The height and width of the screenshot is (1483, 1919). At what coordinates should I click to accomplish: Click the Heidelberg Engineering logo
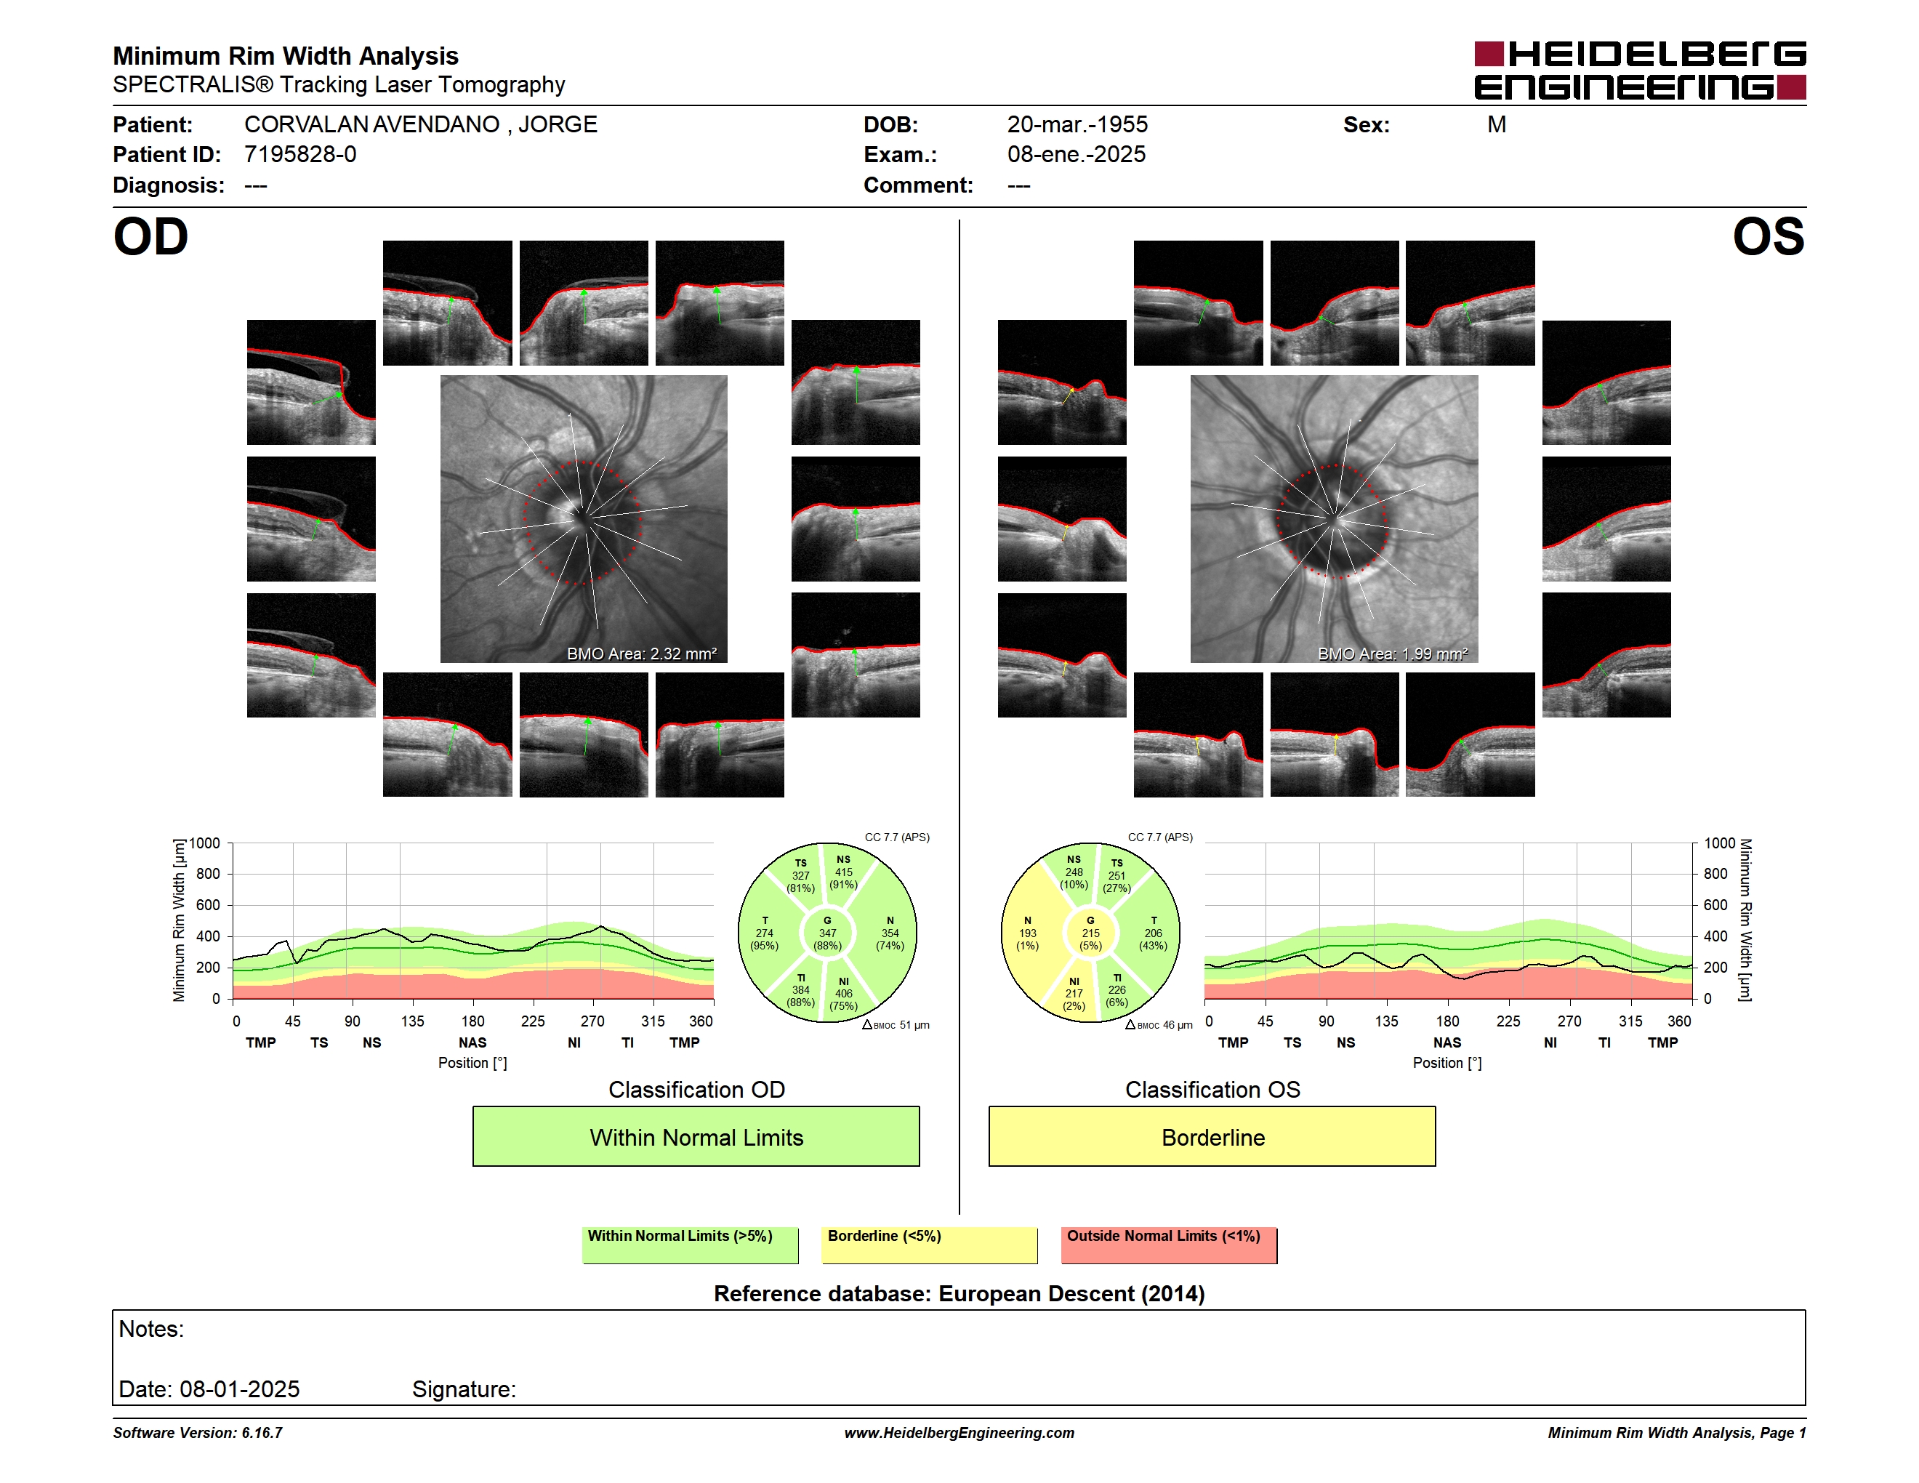pos(1640,71)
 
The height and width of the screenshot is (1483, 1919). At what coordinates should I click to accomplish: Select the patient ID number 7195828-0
pos(300,155)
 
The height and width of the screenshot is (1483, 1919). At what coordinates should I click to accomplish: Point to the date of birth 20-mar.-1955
pos(1077,125)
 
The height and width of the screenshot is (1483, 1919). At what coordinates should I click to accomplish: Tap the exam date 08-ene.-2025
pos(1077,155)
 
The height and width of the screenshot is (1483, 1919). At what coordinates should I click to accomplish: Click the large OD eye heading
pos(151,237)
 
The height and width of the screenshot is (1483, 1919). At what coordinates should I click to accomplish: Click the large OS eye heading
pos(1768,237)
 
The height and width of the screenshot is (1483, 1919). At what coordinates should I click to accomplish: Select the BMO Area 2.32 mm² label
pos(641,653)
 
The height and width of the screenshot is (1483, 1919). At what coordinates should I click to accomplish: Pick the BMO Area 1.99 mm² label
pos(1393,653)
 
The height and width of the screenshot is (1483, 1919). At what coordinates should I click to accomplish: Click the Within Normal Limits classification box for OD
pos(696,1136)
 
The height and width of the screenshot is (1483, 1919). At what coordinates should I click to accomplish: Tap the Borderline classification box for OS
pos(1212,1136)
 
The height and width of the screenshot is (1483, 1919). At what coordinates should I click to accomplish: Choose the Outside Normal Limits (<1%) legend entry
pos(1169,1245)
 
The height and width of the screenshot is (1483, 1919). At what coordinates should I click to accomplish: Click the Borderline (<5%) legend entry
pos(930,1245)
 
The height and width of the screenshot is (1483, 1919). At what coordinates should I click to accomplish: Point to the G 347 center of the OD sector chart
pos(826,933)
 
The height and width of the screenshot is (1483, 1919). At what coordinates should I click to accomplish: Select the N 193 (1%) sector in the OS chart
pos(1027,933)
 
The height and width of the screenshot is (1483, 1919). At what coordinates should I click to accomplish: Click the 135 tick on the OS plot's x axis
pos(1386,1021)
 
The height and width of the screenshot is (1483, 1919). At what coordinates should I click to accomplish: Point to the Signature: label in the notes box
pos(464,1389)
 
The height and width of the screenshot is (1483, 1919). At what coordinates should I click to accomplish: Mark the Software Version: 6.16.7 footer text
pos(198,1433)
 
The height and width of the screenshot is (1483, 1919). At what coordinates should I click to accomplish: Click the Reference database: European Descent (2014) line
pos(959,1293)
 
